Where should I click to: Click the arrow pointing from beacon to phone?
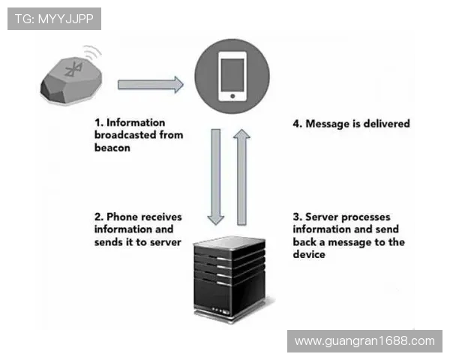click(151, 84)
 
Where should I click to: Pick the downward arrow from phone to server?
click(216, 177)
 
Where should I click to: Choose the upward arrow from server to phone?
click(242, 176)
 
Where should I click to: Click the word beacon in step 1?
click(112, 148)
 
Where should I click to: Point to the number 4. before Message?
click(297, 123)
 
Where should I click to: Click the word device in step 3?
click(309, 255)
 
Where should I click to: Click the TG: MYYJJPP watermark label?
click(54, 19)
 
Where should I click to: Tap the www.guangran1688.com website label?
click(364, 340)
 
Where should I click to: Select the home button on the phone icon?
click(232, 96)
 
